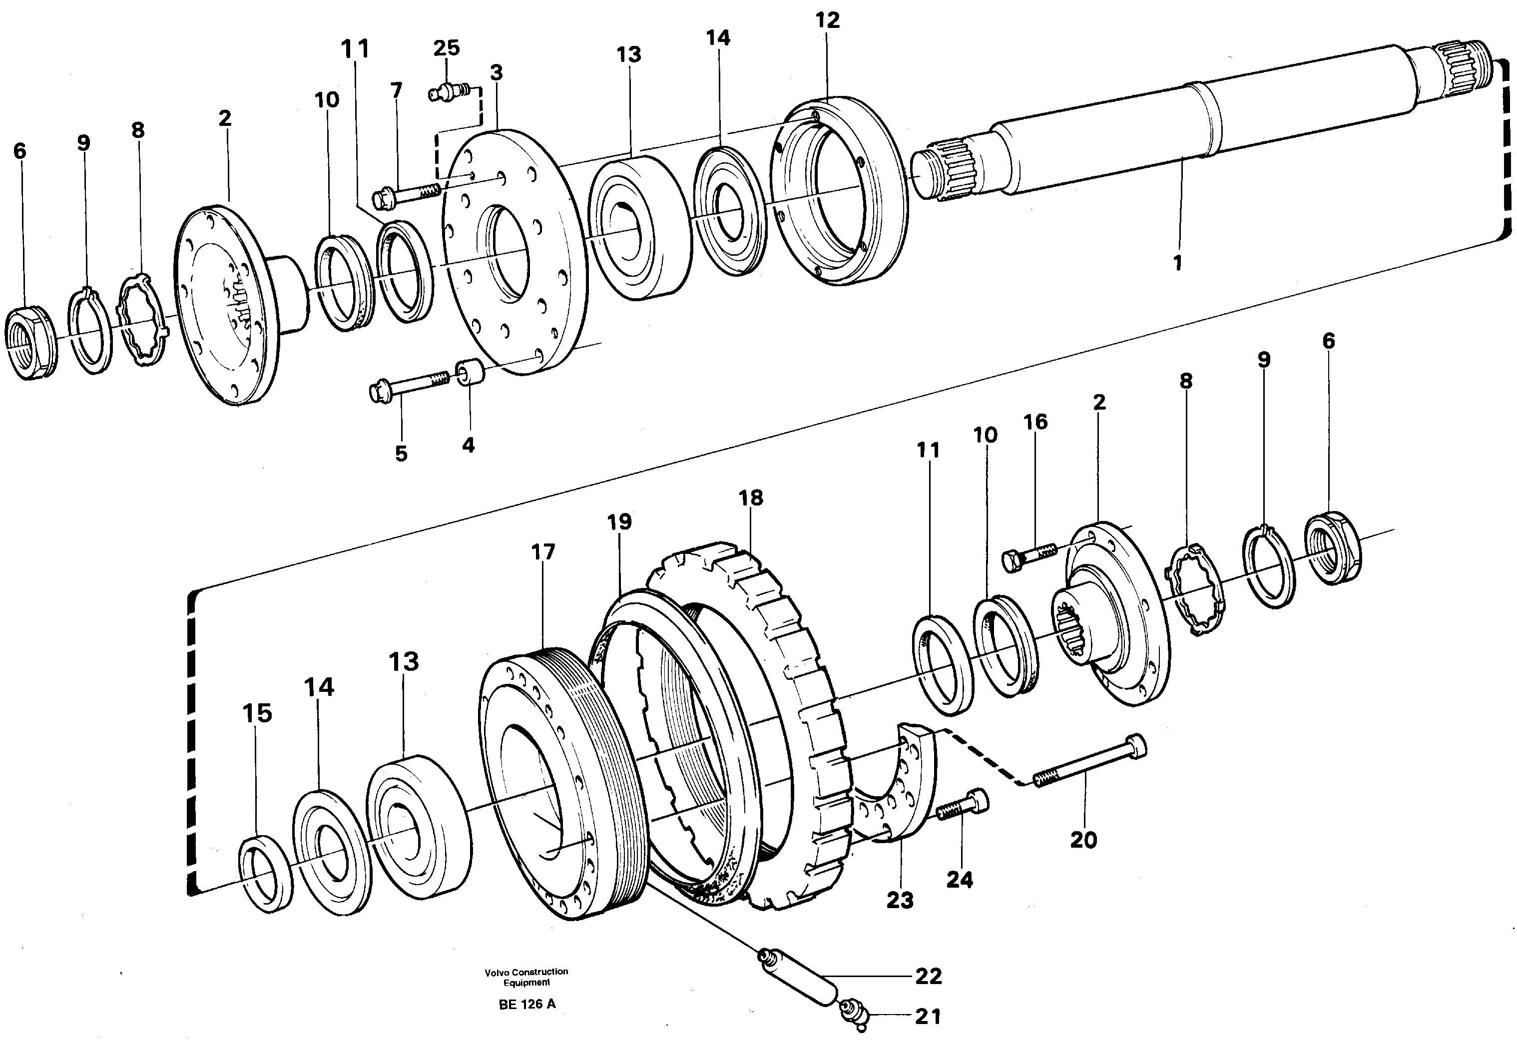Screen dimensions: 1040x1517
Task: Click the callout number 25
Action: [447, 47]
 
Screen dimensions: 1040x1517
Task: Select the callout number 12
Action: [827, 20]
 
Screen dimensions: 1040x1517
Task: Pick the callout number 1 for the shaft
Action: [1177, 263]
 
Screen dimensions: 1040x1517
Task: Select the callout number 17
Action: [542, 552]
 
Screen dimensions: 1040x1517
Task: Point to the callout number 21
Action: [928, 1016]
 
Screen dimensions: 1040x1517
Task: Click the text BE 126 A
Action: [527, 1004]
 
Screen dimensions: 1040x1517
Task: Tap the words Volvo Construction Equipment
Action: [526, 977]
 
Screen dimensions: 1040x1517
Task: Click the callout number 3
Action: [496, 72]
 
